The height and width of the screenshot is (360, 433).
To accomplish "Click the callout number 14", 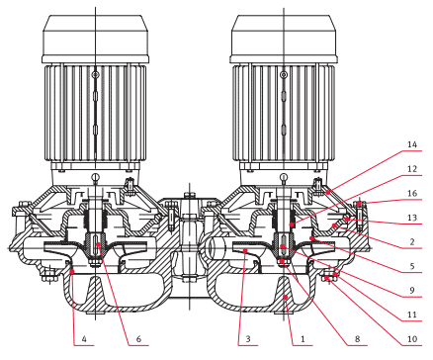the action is [412, 144].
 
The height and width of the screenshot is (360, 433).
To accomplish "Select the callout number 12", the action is [412, 169].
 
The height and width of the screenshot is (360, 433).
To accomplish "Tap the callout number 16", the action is [412, 194].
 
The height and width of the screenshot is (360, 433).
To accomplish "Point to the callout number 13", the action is [412, 218].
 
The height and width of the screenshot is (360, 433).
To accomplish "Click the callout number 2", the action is [412, 242].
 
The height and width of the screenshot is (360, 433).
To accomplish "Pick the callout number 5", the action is [412, 266].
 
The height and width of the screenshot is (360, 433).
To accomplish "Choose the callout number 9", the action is [412, 291].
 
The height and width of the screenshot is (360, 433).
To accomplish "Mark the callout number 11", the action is [412, 315].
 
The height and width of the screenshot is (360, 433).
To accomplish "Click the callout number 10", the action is [412, 339].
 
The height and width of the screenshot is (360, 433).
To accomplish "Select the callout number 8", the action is [357, 339].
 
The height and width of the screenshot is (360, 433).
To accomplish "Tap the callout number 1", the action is [303, 339].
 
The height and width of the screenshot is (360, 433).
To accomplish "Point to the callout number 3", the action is [248, 339].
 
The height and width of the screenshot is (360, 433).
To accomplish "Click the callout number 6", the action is [138, 339].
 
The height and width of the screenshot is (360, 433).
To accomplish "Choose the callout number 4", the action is [84, 339].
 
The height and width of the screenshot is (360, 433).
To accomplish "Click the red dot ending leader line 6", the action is [99, 244].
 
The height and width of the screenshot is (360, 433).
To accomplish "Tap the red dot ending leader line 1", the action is [287, 298].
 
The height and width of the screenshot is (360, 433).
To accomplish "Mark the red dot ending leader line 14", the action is [327, 191].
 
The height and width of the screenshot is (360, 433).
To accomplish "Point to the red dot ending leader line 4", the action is [72, 271].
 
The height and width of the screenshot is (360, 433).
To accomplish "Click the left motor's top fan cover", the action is [96, 39].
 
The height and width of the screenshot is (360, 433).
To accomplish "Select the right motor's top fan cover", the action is [284, 39].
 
